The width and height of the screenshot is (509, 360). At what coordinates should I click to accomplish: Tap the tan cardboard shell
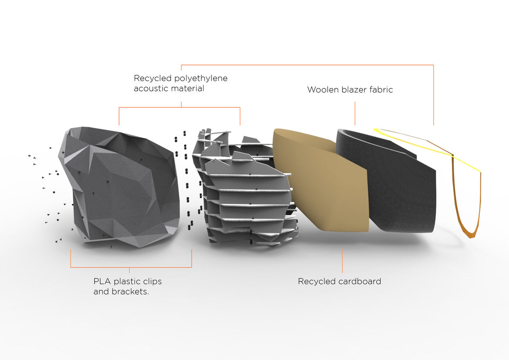point(322,183)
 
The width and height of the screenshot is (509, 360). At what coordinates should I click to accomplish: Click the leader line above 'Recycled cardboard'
point(343,262)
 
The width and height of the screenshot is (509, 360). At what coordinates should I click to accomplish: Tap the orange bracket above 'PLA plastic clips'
point(131,267)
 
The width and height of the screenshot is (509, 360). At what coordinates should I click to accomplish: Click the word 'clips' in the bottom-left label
point(152,281)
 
